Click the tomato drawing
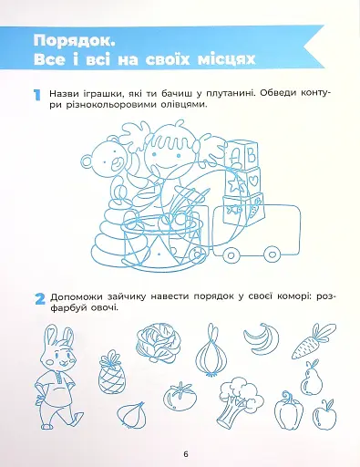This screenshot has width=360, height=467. click(178, 397)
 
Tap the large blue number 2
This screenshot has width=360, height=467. click(38, 299)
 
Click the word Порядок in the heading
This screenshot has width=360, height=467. click(73, 39)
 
